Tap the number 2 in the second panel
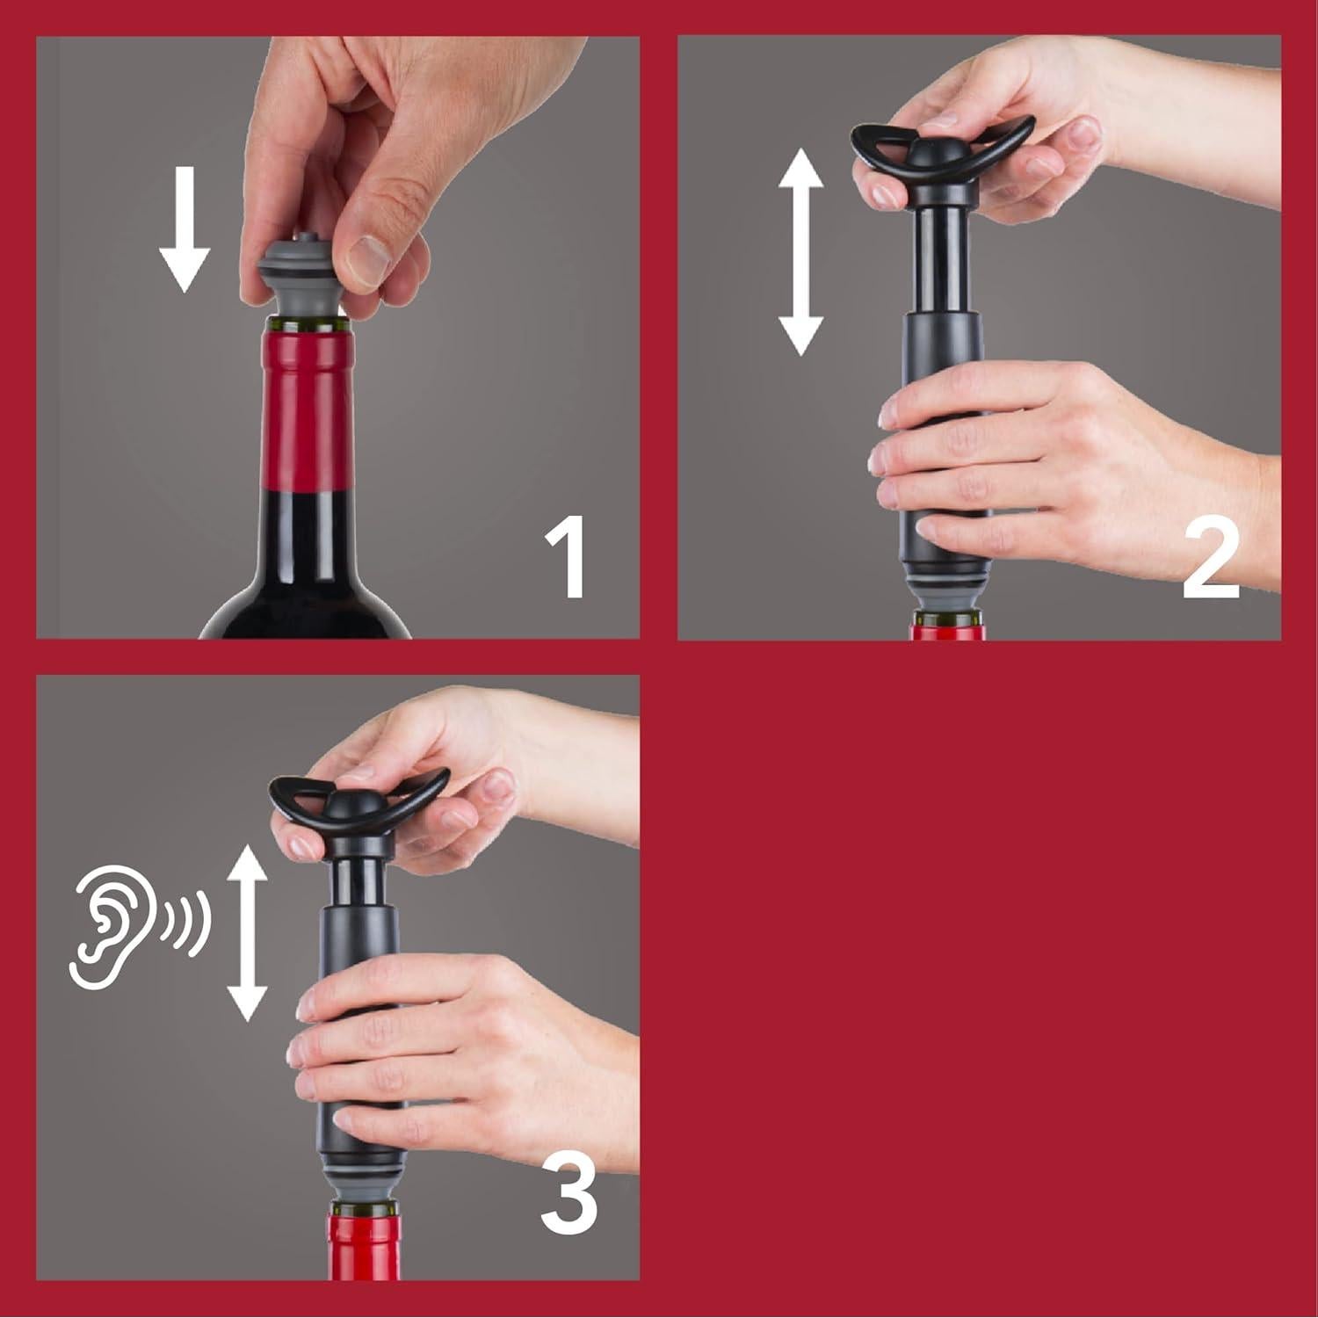tap(1211, 559)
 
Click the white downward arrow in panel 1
tap(185, 230)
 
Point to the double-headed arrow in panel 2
tap(800, 252)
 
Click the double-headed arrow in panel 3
tap(247, 933)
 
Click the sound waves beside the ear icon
tap(186, 923)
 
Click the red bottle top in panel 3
tap(364, 1248)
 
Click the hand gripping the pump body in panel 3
tap(448, 1054)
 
